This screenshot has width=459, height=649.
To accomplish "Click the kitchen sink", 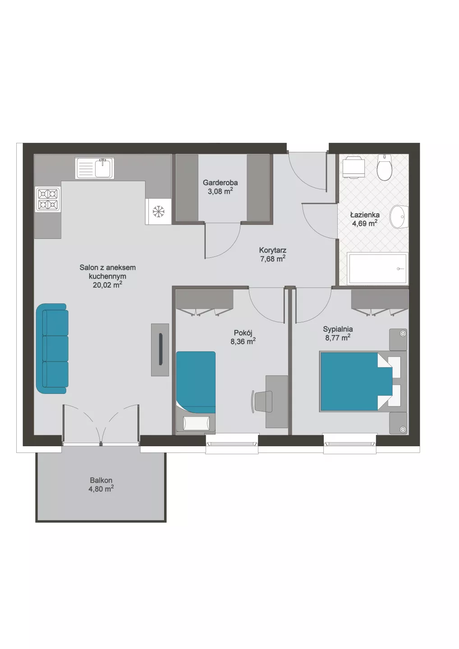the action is [95, 168].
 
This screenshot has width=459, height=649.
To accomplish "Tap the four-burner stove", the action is [48, 199].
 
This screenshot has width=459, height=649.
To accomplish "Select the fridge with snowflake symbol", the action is [159, 211].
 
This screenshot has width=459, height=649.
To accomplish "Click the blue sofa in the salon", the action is [52, 348].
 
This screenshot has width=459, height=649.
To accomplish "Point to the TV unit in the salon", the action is [160, 350].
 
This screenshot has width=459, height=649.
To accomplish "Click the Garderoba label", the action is [220, 183].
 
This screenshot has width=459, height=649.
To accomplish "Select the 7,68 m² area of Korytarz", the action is [273, 258].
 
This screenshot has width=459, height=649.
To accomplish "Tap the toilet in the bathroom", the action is [384, 167].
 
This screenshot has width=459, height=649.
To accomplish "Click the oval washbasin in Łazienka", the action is [399, 217].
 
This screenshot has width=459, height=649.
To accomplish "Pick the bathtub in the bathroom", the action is [377, 268].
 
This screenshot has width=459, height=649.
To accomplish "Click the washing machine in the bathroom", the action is [353, 167].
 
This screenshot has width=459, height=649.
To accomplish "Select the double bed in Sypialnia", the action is [363, 381].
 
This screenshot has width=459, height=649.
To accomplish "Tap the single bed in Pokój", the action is [196, 393].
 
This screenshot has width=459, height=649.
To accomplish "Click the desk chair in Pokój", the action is [262, 401].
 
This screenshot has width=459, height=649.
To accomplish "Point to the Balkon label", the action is [101, 480].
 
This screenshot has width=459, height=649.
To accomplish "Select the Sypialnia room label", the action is [338, 329].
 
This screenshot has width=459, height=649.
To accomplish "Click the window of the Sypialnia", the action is [350, 443].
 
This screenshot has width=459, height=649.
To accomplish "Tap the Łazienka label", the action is [365, 215].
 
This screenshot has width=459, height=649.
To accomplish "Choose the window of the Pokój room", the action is [232, 443].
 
